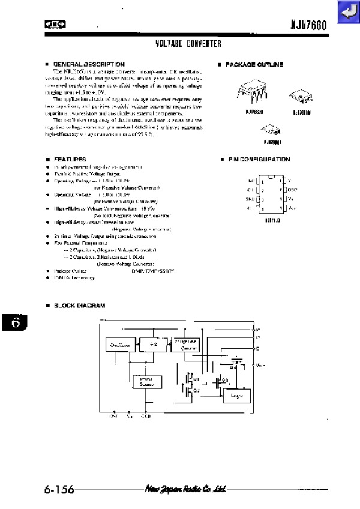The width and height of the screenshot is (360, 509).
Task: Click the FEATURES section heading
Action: click(70, 159)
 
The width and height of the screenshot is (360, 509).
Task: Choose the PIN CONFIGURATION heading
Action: click(259, 160)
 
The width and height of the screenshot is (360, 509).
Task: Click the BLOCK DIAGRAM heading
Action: click(79, 306)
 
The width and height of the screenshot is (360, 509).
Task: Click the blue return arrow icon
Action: click(347, 12)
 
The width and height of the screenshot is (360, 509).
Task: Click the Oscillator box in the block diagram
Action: click(121, 345)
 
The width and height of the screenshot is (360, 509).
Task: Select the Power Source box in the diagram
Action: click(146, 382)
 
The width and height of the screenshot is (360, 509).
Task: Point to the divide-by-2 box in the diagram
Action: click(152, 345)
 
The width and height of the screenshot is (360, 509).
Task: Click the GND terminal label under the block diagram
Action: click(146, 415)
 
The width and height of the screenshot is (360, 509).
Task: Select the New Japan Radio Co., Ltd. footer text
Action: click(184, 489)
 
